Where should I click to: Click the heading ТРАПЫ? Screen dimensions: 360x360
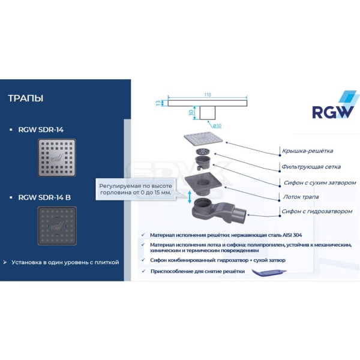click(x=26, y=98)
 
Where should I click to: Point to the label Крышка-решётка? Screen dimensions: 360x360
click(x=307, y=151)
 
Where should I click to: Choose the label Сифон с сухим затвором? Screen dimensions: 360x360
click(x=319, y=182)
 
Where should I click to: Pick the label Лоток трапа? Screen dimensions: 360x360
click(x=301, y=197)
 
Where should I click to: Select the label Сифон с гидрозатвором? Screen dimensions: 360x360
click(x=318, y=211)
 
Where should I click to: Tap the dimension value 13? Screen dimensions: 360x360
click(x=159, y=103)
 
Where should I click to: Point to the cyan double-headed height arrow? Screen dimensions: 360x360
click(x=190, y=197)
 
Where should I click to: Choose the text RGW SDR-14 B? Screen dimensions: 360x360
click(x=44, y=196)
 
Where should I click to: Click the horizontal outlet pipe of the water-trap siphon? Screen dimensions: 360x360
click(x=241, y=214)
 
